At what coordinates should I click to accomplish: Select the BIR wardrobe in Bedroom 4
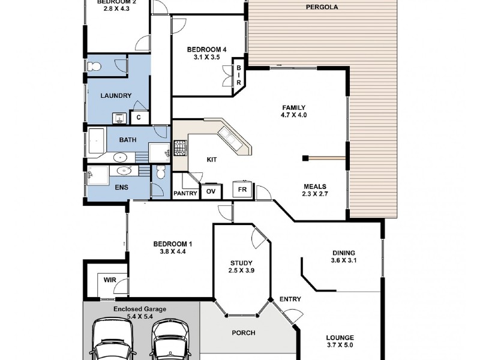238,75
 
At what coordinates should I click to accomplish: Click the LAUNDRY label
112,95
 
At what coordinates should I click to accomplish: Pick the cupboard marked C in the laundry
139,118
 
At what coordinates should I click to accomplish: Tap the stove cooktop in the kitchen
180,147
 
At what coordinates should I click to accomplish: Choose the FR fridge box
242,190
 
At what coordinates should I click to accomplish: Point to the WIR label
110,280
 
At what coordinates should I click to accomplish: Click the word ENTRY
290,299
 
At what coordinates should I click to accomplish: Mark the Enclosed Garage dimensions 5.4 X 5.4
140,316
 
